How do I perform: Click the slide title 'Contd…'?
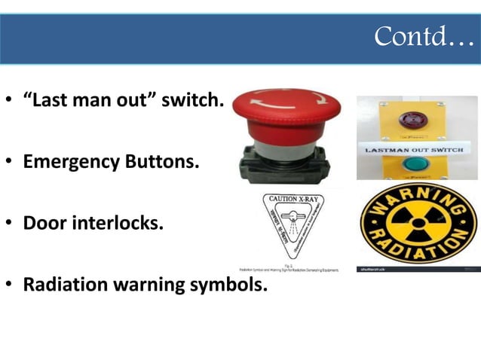(424, 35)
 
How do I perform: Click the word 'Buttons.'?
(162, 161)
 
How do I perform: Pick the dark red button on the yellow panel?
(414, 118)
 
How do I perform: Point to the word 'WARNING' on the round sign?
(417, 202)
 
